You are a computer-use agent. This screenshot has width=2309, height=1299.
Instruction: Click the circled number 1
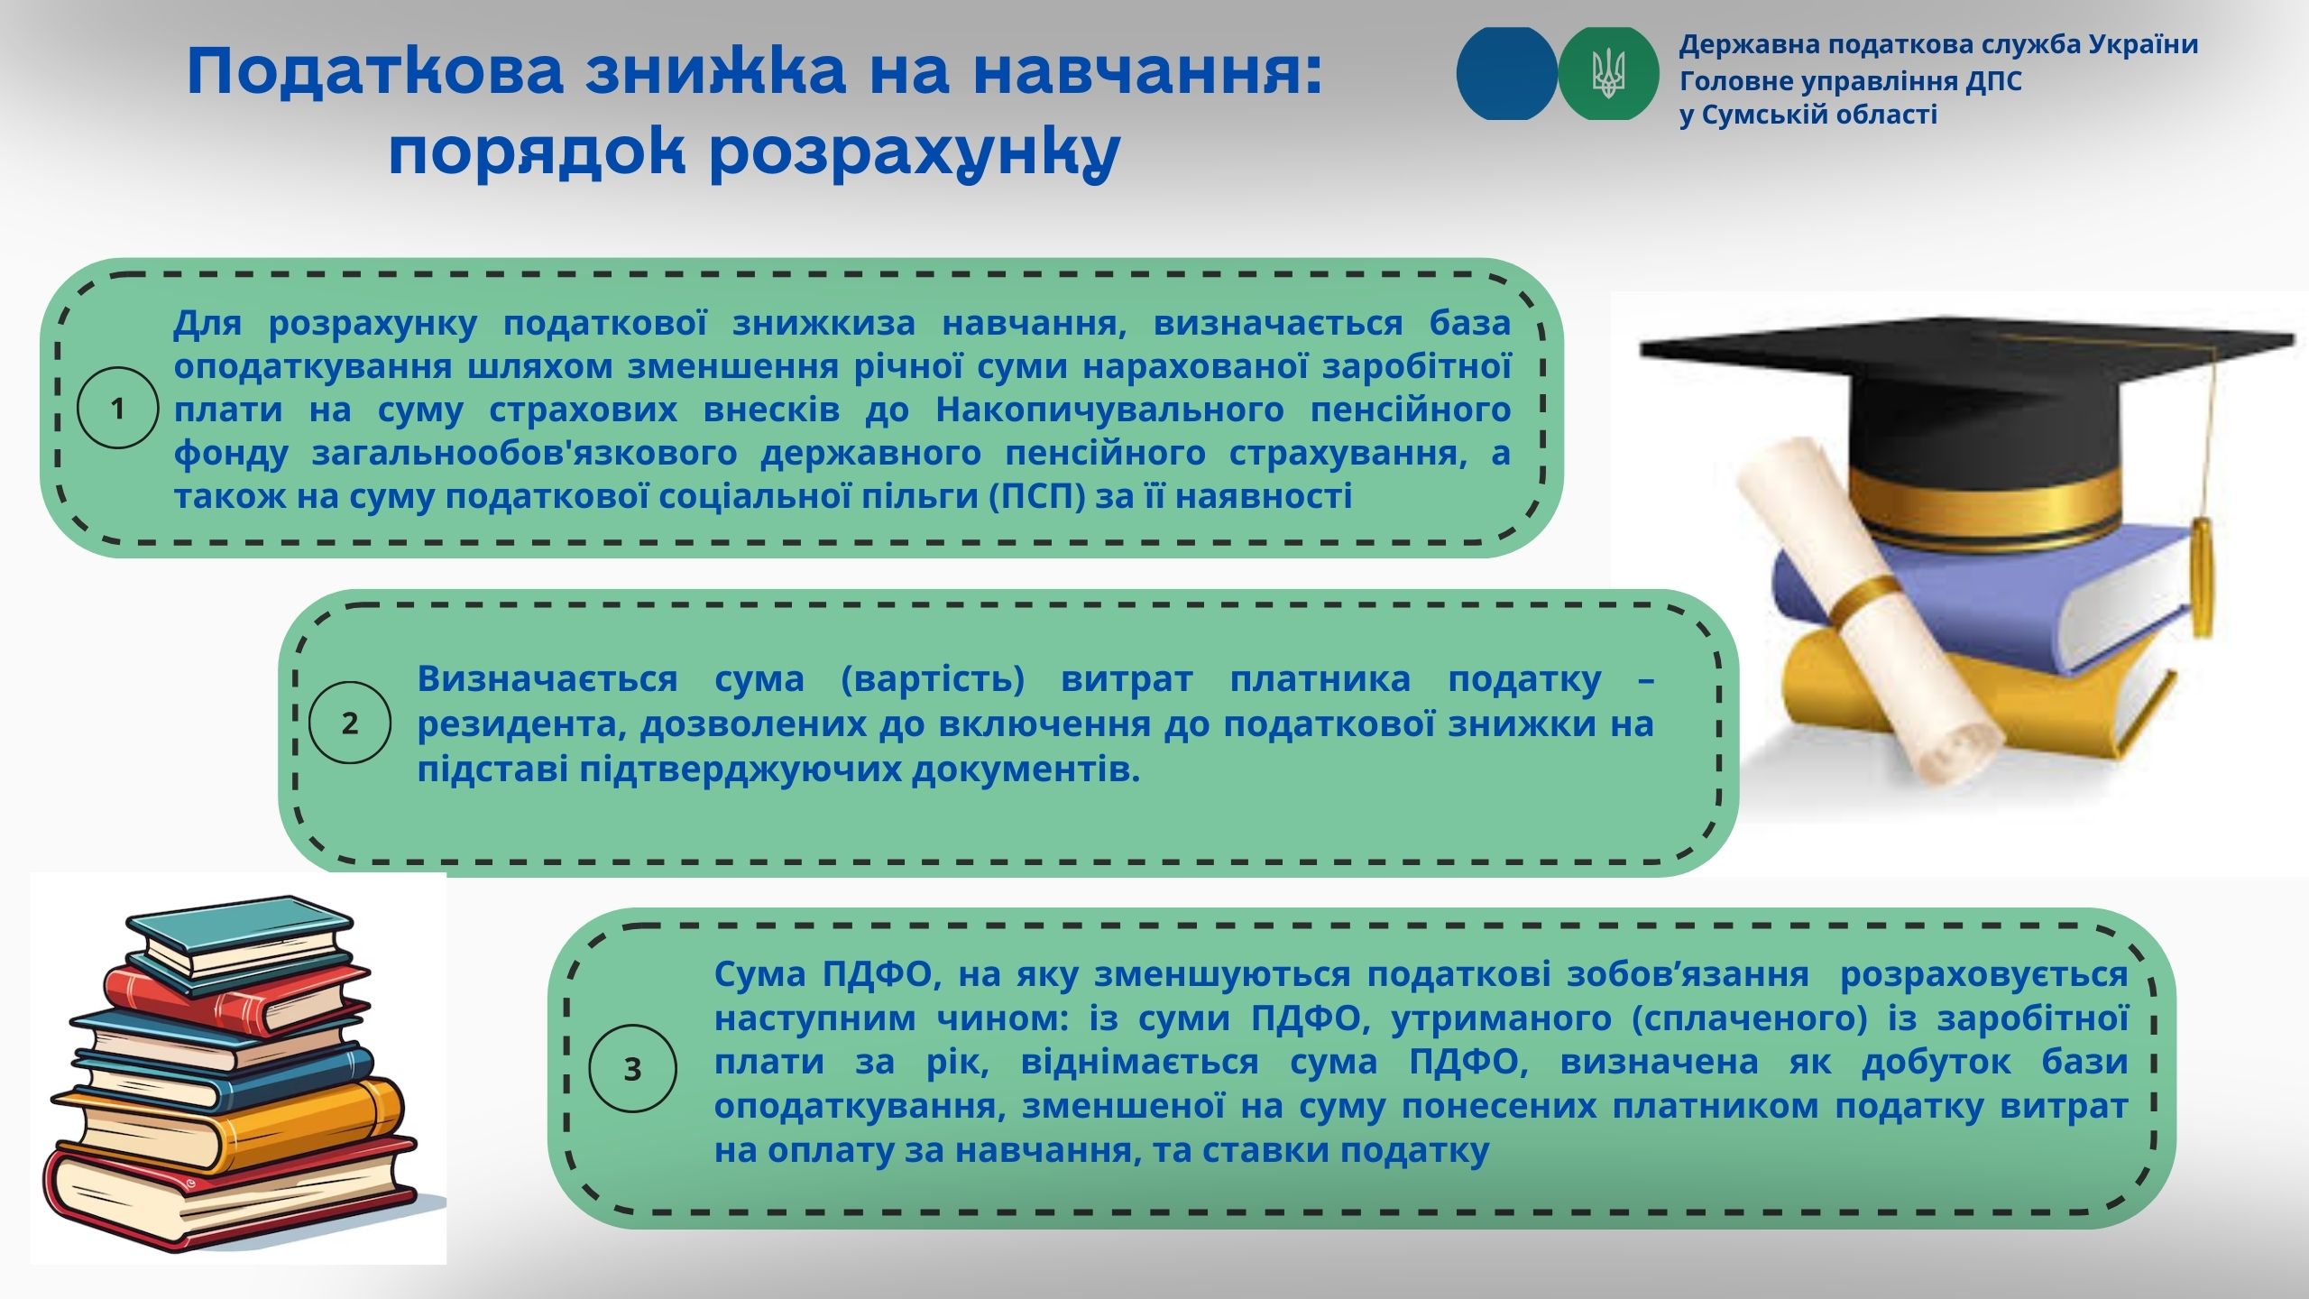click(x=118, y=409)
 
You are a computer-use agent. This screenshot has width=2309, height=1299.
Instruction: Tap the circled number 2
click(x=350, y=723)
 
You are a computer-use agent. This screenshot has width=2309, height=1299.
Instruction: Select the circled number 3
click(x=632, y=1069)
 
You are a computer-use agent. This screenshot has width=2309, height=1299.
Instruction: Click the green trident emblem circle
click(x=1608, y=74)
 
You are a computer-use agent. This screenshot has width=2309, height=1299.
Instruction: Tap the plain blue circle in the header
click(x=1506, y=74)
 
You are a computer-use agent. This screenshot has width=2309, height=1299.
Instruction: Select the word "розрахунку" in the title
click(x=915, y=149)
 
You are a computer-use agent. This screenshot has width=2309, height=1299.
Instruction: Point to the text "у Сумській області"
click(x=1808, y=115)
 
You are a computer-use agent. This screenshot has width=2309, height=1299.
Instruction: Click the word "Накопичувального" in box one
click(x=1109, y=410)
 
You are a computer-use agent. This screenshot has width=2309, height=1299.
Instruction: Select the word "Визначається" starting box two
click(x=547, y=679)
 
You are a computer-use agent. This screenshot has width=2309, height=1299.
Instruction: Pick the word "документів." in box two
click(x=1026, y=769)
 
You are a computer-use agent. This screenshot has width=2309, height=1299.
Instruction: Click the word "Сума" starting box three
click(x=759, y=974)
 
